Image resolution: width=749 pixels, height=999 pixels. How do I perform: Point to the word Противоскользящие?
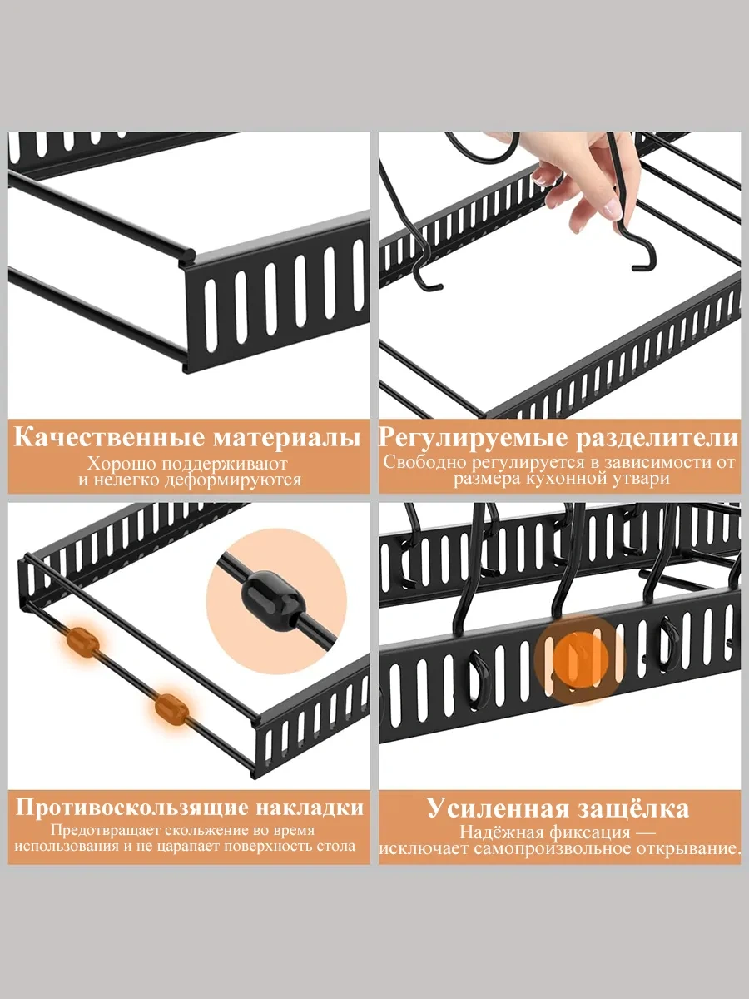[x=133, y=808]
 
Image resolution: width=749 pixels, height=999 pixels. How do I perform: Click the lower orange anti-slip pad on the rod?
[x=171, y=708]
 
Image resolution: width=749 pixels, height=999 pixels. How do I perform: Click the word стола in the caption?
[x=337, y=847]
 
